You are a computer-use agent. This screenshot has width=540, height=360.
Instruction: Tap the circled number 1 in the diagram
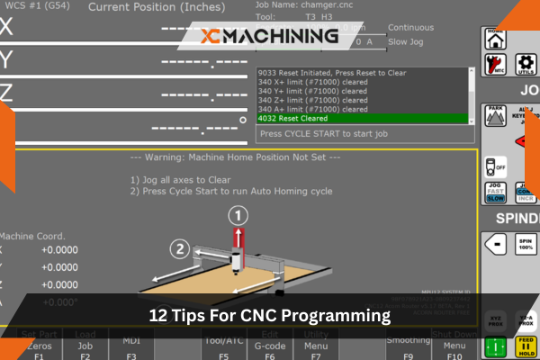(x=238, y=216)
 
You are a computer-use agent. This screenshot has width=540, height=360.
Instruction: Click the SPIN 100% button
(x=526, y=244)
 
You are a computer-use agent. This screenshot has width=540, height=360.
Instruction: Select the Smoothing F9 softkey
(x=408, y=347)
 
